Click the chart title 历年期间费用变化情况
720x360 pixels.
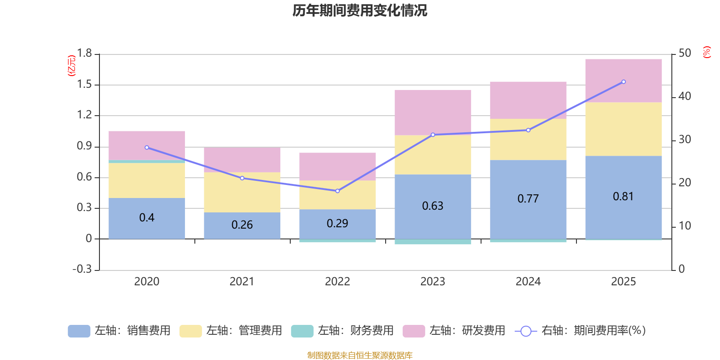click(360, 10)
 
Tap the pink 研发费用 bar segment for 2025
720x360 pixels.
click(623, 81)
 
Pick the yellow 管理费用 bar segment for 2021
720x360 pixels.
click(242, 192)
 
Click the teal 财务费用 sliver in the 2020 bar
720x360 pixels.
click(147, 161)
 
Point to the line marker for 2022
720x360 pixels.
click(337, 191)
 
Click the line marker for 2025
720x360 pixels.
click(623, 82)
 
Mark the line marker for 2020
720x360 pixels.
click(147, 148)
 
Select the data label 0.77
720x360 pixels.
click(528, 198)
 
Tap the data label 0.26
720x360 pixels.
click(242, 225)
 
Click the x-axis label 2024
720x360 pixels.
click(528, 281)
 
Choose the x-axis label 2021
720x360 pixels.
click(242, 281)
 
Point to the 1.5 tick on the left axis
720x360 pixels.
click(84, 85)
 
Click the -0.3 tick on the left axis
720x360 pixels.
click(82, 269)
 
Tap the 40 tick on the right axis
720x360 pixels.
click(684, 96)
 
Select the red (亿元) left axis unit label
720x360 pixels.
click(72, 66)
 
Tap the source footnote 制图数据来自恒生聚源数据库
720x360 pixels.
click(360, 355)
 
